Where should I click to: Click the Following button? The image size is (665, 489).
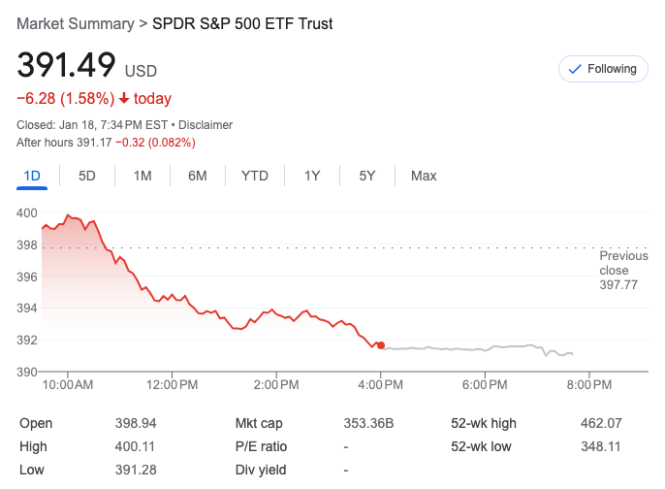[x=602, y=69]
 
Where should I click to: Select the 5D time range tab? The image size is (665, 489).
[x=87, y=176]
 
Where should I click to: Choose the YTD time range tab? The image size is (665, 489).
[x=255, y=176]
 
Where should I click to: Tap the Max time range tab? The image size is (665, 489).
[x=424, y=176]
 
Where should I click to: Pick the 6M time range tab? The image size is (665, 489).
[x=198, y=176]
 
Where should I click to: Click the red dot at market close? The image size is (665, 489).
[x=381, y=344]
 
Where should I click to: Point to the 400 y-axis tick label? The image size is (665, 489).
[x=27, y=212]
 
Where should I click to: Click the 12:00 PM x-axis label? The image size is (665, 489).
[x=173, y=385]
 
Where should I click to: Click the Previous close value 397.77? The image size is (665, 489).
[x=618, y=285]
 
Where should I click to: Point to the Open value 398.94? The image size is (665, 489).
[x=136, y=423]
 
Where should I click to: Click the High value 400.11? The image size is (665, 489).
[x=136, y=446]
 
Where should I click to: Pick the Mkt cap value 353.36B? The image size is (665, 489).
[x=369, y=423]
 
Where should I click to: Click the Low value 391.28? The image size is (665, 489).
[x=136, y=470]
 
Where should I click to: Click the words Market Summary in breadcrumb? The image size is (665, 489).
[x=75, y=23]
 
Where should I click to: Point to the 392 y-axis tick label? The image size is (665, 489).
[x=27, y=340]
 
